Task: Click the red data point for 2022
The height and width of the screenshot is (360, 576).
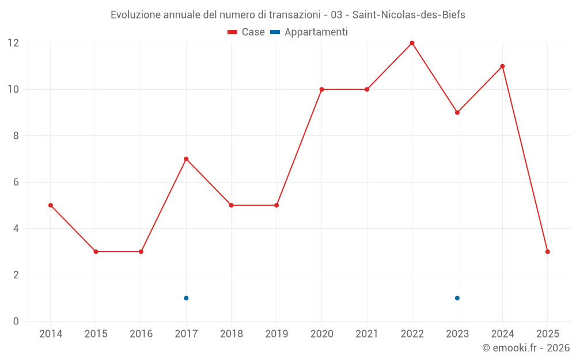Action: (x=412, y=43)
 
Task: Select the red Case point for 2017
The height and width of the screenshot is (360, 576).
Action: (x=186, y=159)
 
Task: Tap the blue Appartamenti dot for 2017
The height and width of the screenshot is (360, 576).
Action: (x=186, y=298)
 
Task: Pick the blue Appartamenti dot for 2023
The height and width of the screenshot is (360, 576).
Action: (x=457, y=298)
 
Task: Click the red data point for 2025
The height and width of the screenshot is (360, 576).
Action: (x=547, y=252)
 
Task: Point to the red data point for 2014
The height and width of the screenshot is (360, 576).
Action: (x=51, y=205)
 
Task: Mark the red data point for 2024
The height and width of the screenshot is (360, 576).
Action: (x=502, y=66)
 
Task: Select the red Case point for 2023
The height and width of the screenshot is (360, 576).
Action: (x=457, y=112)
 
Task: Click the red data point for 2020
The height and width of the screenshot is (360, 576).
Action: (x=321, y=89)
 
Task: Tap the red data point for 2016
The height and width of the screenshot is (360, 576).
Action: (x=141, y=252)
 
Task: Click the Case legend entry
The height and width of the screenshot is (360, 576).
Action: (x=247, y=32)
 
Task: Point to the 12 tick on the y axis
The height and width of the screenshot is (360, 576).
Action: (x=13, y=43)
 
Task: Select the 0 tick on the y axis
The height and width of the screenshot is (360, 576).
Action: (x=16, y=321)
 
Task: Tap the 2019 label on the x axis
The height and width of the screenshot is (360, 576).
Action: (x=276, y=334)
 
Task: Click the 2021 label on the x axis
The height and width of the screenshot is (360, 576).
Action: (x=367, y=334)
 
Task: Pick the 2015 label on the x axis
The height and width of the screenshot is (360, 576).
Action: (x=96, y=334)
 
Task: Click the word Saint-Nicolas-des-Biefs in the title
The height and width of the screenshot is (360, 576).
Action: (x=409, y=15)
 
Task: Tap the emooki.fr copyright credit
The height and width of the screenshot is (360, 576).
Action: (x=525, y=348)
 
